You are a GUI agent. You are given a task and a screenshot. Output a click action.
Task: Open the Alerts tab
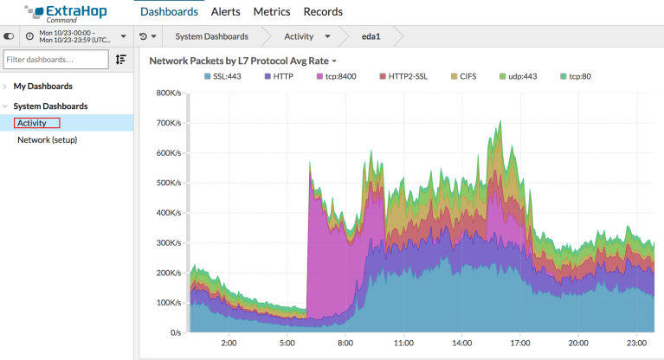tap(225, 12)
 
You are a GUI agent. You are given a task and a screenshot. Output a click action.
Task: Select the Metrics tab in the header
tap(272, 12)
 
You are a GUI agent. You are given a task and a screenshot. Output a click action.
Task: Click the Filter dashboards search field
tap(55, 59)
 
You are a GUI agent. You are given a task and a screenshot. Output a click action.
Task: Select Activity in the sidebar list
tap(32, 123)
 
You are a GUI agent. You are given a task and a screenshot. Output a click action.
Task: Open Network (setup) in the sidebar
tap(48, 139)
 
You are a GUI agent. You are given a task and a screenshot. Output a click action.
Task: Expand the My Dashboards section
tap(42, 87)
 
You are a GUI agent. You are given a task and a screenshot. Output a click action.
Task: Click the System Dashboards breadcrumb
tap(211, 36)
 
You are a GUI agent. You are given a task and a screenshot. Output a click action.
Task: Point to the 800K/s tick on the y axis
tap(168, 93)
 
